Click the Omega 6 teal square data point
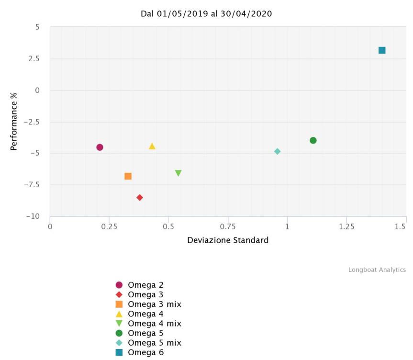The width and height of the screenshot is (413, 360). coord(382,50)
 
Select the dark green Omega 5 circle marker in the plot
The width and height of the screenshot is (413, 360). coord(313,140)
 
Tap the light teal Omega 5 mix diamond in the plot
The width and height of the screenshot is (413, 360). coord(277,151)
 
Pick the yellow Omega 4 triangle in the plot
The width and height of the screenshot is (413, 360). coord(152,146)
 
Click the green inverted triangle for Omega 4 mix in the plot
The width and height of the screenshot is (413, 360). coord(178,173)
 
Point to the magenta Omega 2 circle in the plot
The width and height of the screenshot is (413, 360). coord(100,147)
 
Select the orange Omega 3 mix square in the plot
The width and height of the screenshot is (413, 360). coord(128,176)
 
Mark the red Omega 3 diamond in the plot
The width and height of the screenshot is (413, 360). coord(140,197)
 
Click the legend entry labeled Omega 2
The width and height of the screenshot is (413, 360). coord(145,285)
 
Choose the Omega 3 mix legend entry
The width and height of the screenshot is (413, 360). coord(155,304)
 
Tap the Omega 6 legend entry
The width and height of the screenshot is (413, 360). coord(145,353)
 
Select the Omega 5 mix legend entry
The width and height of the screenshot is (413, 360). coord(155,343)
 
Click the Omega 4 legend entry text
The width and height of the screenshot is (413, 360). coord(145,314)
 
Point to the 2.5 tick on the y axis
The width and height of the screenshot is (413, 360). coord(33,59)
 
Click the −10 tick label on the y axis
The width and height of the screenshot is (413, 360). coord(33,216)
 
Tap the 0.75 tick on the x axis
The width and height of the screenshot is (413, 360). coord(228,226)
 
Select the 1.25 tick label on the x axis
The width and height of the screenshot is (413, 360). coord(346,226)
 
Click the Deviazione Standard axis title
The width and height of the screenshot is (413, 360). coord(228,240)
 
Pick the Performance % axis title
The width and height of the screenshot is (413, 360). coord(14,121)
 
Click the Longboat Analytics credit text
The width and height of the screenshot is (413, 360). coord(377,270)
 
